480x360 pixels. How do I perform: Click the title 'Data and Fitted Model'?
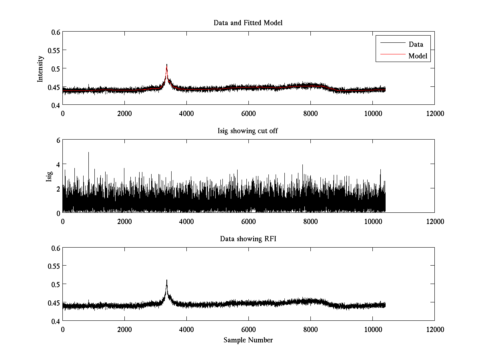[248, 23]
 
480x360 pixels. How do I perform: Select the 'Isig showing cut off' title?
[248, 131]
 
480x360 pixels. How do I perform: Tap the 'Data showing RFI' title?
[248, 239]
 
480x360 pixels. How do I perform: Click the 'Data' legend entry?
[416, 44]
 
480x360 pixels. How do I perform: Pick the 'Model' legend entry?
[418, 56]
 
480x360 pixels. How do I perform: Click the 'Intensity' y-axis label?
[40, 68]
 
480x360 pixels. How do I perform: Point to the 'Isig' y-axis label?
[49, 176]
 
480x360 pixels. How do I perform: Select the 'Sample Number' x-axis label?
[248, 340]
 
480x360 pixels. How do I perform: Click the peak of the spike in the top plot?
[166, 65]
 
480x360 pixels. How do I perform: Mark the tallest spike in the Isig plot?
[88, 152]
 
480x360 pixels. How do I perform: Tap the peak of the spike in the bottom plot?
[166, 280]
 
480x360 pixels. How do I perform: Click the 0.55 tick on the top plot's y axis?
[54, 50]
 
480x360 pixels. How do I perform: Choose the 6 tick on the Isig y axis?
[58, 140]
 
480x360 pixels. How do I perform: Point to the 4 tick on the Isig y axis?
[58, 164]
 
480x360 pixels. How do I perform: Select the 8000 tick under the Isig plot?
[310, 221]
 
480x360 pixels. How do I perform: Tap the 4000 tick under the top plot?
[186, 113]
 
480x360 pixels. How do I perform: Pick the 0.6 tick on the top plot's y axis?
[56, 32]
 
